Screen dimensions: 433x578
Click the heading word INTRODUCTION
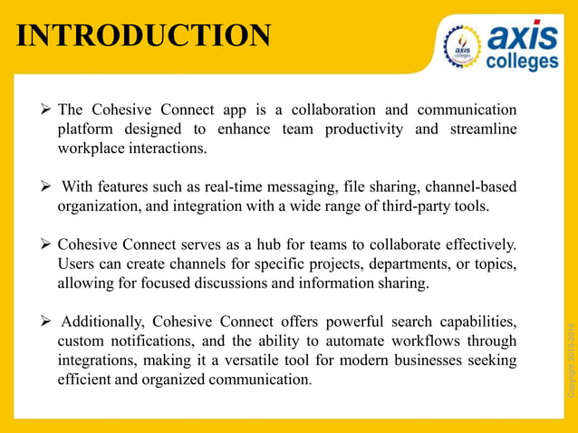(144, 35)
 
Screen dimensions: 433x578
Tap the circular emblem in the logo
(462, 46)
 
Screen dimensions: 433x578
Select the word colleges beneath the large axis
(523, 62)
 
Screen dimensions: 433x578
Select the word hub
(276, 245)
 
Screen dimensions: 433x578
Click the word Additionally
(101, 322)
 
